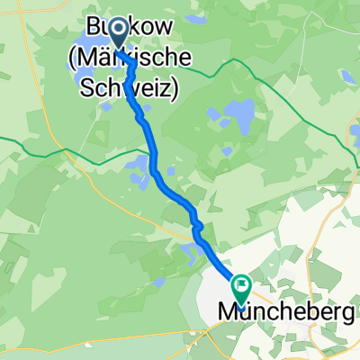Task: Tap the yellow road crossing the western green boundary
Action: click(x=56, y=148)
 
